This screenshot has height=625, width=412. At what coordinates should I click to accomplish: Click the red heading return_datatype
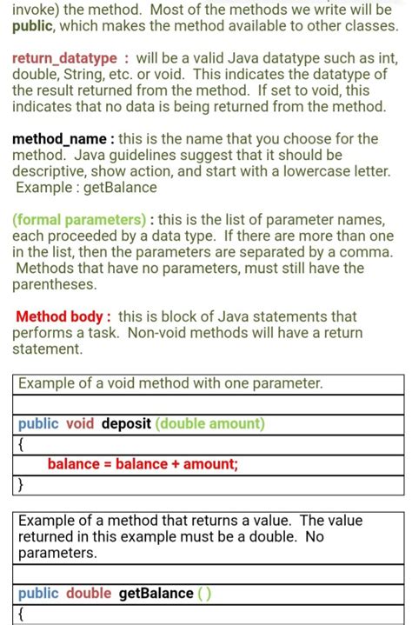point(64,58)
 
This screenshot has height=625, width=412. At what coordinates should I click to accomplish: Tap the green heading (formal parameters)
point(79,219)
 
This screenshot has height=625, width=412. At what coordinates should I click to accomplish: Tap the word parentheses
point(55,284)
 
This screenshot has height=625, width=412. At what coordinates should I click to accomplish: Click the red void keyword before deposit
point(80,424)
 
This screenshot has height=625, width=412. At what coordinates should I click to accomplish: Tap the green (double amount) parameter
point(210,424)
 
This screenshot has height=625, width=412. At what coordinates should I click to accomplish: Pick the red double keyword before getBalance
point(89,594)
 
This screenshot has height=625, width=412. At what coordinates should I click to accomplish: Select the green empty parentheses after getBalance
point(203,594)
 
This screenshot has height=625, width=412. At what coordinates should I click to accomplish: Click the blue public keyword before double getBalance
point(38,594)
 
